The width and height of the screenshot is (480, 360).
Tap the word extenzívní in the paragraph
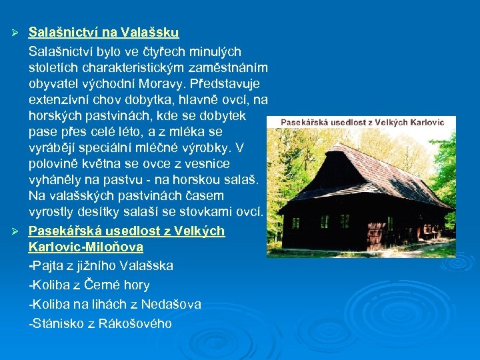pos(62,100)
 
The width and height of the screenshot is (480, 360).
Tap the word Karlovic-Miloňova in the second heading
pos(86,247)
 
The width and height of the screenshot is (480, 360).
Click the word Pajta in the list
pos(49,265)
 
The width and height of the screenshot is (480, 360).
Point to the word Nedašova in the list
pos(172,305)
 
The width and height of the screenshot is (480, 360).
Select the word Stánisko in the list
pos(58,324)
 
